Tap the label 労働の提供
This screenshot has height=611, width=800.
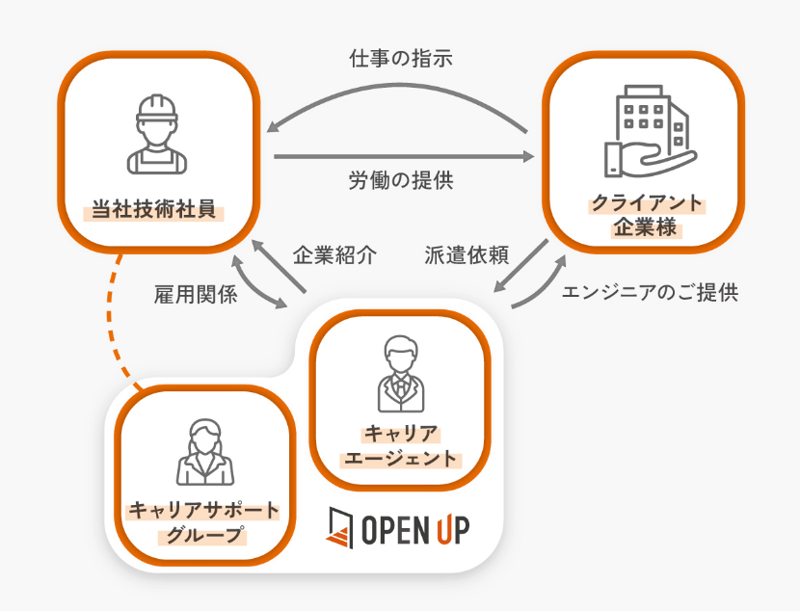[x=400, y=180]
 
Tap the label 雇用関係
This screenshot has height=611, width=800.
[x=196, y=296]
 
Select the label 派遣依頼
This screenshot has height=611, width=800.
[x=467, y=256]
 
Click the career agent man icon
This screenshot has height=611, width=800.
[x=400, y=373]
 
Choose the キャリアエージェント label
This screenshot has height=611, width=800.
[x=400, y=445]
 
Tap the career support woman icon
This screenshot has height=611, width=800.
[x=203, y=452]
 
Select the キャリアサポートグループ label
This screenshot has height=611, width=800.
[x=203, y=521]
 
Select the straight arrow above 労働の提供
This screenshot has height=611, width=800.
[x=403, y=156]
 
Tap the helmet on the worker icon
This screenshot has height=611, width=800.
[x=157, y=108]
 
